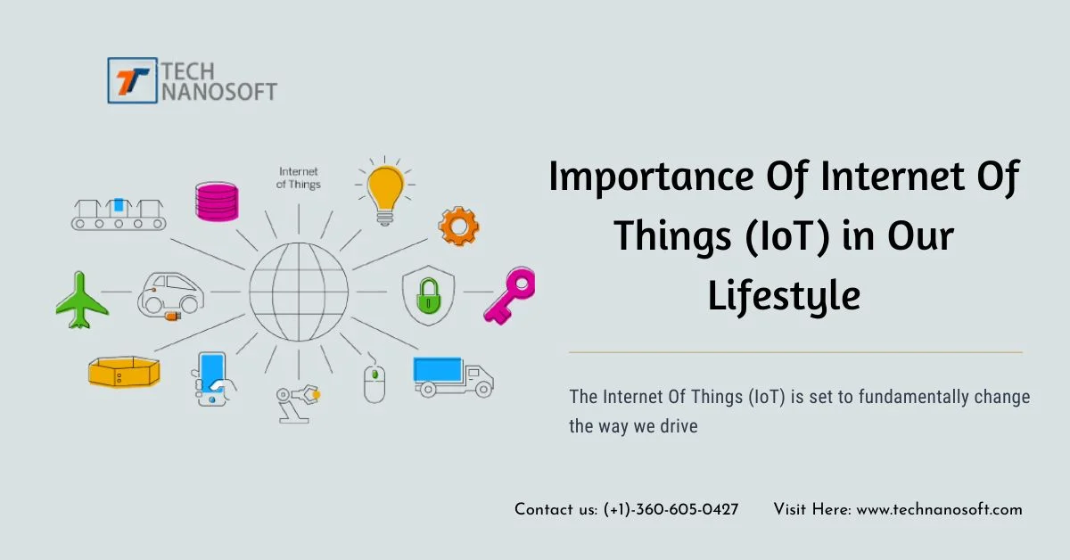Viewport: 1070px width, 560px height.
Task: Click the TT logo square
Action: coord(132,80)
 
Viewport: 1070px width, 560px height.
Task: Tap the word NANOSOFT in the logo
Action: coord(219,92)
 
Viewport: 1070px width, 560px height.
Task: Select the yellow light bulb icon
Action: coord(385,191)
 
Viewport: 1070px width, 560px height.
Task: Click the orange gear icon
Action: coord(458,226)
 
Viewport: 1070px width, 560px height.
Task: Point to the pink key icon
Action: coord(510,296)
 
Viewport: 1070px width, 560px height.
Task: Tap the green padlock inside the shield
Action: coord(429,297)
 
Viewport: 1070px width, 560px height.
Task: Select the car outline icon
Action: coord(170,295)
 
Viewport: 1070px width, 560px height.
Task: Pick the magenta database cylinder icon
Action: coord(217,202)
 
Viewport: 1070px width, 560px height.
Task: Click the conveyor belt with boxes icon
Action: coord(119,215)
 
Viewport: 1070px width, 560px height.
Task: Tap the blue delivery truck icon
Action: coord(453,377)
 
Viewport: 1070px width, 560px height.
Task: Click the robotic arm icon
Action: coord(298,404)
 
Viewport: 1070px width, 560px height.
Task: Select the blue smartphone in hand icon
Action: coord(213,380)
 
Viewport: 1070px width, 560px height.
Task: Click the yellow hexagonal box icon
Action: coord(124,372)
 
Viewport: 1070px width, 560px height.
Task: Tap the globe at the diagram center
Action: coord(299,292)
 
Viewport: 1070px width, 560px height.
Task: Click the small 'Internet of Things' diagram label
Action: coord(299,177)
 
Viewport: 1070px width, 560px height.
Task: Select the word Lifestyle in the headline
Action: coord(784,297)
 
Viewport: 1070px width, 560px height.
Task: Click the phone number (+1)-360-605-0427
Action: coord(671,510)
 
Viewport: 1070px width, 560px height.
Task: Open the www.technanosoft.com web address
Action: coord(939,510)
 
